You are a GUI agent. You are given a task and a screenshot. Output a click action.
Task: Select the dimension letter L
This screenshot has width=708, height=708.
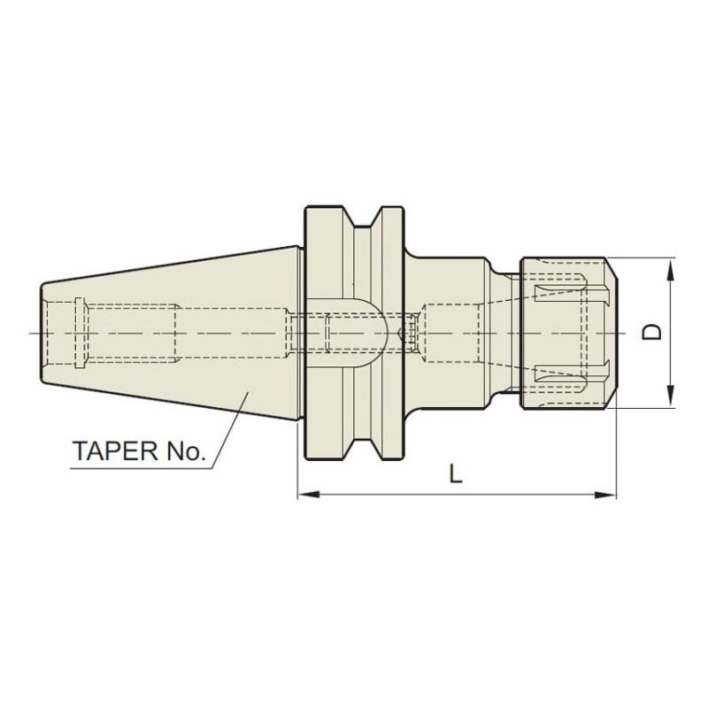click(x=455, y=474)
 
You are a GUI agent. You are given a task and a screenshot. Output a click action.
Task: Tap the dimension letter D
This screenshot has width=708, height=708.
click(x=653, y=332)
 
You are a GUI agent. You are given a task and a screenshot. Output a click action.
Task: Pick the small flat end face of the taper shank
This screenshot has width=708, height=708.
click(x=42, y=333)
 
